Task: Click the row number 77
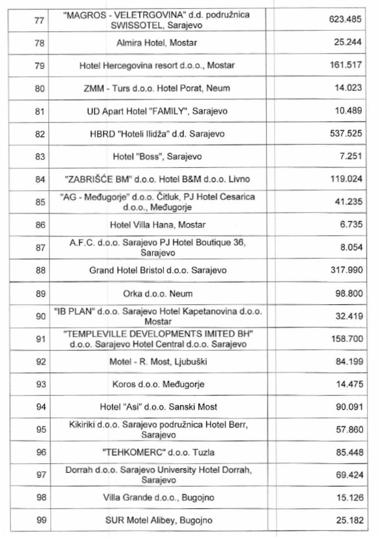click(40, 20)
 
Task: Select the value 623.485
click(346, 19)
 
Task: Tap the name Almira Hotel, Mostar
click(157, 43)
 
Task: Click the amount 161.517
click(346, 65)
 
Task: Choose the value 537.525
click(346, 134)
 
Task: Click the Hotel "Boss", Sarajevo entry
click(157, 157)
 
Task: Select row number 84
click(40, 179)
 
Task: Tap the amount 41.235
click(348, 202)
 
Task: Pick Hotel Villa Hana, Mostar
click(158, 225)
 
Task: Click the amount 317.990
click(346, 270)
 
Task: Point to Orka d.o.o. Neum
click(158, 293)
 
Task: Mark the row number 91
click(40, 339)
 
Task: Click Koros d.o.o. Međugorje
click(158, 384)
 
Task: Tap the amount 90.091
click(348, 407)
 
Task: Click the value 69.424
click(348, 475)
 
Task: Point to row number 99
click(40, 521)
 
